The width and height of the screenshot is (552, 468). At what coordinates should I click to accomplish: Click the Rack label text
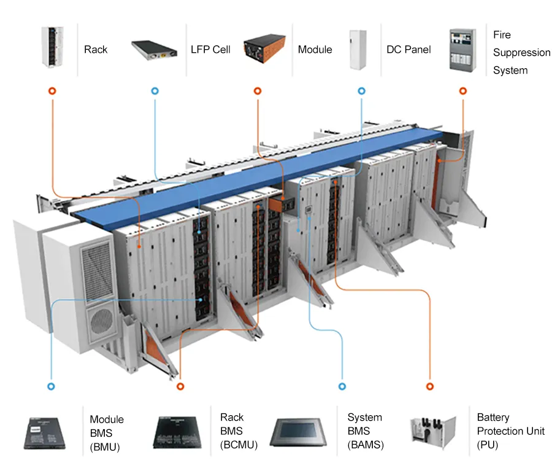click(x=95, y=49)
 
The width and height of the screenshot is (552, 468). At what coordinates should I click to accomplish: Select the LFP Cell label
click(x=210, y=49)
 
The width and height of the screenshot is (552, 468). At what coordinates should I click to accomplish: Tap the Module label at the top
click(x=315, y=49)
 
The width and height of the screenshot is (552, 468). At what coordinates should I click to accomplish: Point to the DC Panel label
click(x=408, y=49)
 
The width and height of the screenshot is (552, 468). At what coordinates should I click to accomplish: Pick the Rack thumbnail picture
click(x=53, y=46)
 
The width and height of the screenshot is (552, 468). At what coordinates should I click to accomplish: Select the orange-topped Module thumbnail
click(x=264, y=49)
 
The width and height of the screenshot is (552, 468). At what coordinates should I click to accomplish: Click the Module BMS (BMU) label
click(x=107, y=433)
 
